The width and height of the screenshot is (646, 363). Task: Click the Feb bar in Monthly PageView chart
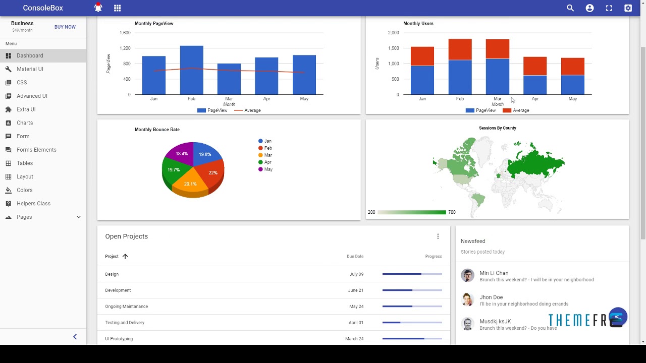[x=191, y=71]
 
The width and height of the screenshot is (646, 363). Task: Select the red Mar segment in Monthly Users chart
[x=497, y=49]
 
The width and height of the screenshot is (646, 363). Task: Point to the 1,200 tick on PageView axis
[x=125, y=48]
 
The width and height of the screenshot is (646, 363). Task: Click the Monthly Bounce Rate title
[x=157, y=130]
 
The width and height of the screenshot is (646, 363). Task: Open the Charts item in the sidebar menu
[x=25, y=123]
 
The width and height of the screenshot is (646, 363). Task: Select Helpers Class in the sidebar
[x=33, y=204]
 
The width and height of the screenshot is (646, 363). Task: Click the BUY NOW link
[x=65, y=27]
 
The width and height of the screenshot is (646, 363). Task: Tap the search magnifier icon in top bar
[x=570, y=8]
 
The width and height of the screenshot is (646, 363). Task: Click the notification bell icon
[x=98, y=8]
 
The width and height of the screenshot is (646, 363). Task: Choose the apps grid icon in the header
[x=118, y=8]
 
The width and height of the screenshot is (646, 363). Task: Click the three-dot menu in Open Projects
[x=438, y=236]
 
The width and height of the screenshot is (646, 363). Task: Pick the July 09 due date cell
[x=356, y=274]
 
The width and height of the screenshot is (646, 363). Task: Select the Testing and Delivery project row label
[x=125, y=323]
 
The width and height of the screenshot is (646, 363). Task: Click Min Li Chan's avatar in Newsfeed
[x=467, y=275]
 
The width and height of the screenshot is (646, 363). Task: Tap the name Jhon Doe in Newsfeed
[x=491, y=297]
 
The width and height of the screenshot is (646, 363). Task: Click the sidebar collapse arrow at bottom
[x=75, y=337]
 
